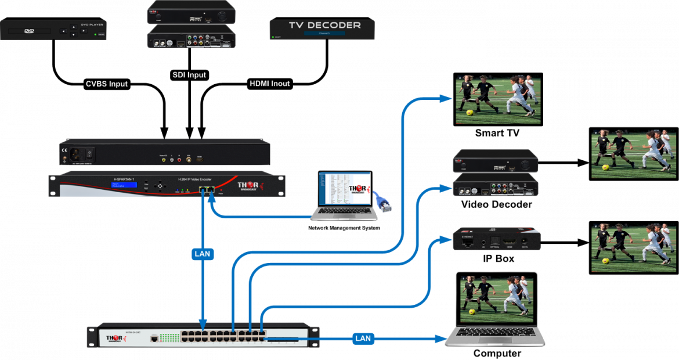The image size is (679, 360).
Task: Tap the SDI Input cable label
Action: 189,75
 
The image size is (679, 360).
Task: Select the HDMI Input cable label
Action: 269,84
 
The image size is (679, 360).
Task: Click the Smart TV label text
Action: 497,133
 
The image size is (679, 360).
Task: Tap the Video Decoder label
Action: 496,204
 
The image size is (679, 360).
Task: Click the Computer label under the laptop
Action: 497,353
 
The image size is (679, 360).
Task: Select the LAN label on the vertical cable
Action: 201,253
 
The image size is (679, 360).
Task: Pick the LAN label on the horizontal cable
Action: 362,338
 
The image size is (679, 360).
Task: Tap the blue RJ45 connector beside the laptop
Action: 382,201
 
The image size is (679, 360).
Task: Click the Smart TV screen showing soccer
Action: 497,98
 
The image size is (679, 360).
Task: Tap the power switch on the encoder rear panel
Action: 89,154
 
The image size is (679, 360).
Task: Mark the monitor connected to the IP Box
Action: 633,247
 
